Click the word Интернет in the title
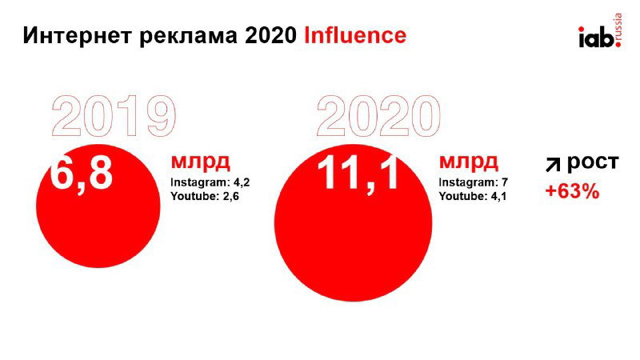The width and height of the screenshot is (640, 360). [x=67, y=35]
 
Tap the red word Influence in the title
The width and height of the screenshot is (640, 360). [x=354, y=35]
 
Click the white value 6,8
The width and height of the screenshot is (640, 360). [x=81, y=174]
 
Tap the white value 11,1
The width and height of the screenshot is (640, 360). [x=358, y=174]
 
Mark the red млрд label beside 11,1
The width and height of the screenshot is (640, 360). [x=468, y=162]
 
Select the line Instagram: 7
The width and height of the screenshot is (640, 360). [x=473, y=182]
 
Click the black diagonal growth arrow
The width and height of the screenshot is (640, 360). [x=553, y=165]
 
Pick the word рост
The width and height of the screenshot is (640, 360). [x=593, y=162]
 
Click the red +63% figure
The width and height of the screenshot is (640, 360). [x=571, y=192]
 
